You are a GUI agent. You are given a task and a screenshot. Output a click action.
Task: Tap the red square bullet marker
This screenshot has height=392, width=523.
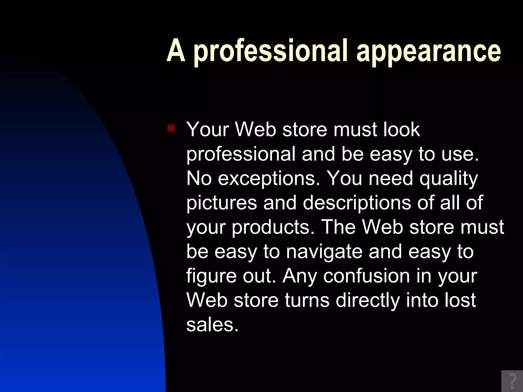[171, 128]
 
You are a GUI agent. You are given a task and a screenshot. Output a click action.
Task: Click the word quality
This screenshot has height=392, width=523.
[448, 179]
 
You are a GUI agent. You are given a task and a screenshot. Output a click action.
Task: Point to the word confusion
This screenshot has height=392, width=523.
[366, 276]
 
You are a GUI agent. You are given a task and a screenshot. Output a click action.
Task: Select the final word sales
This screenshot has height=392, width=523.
[212, 325]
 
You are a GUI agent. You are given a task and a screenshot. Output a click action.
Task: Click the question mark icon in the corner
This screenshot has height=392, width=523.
[512, 381]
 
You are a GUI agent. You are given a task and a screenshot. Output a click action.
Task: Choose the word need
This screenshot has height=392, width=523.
[390, 178]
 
